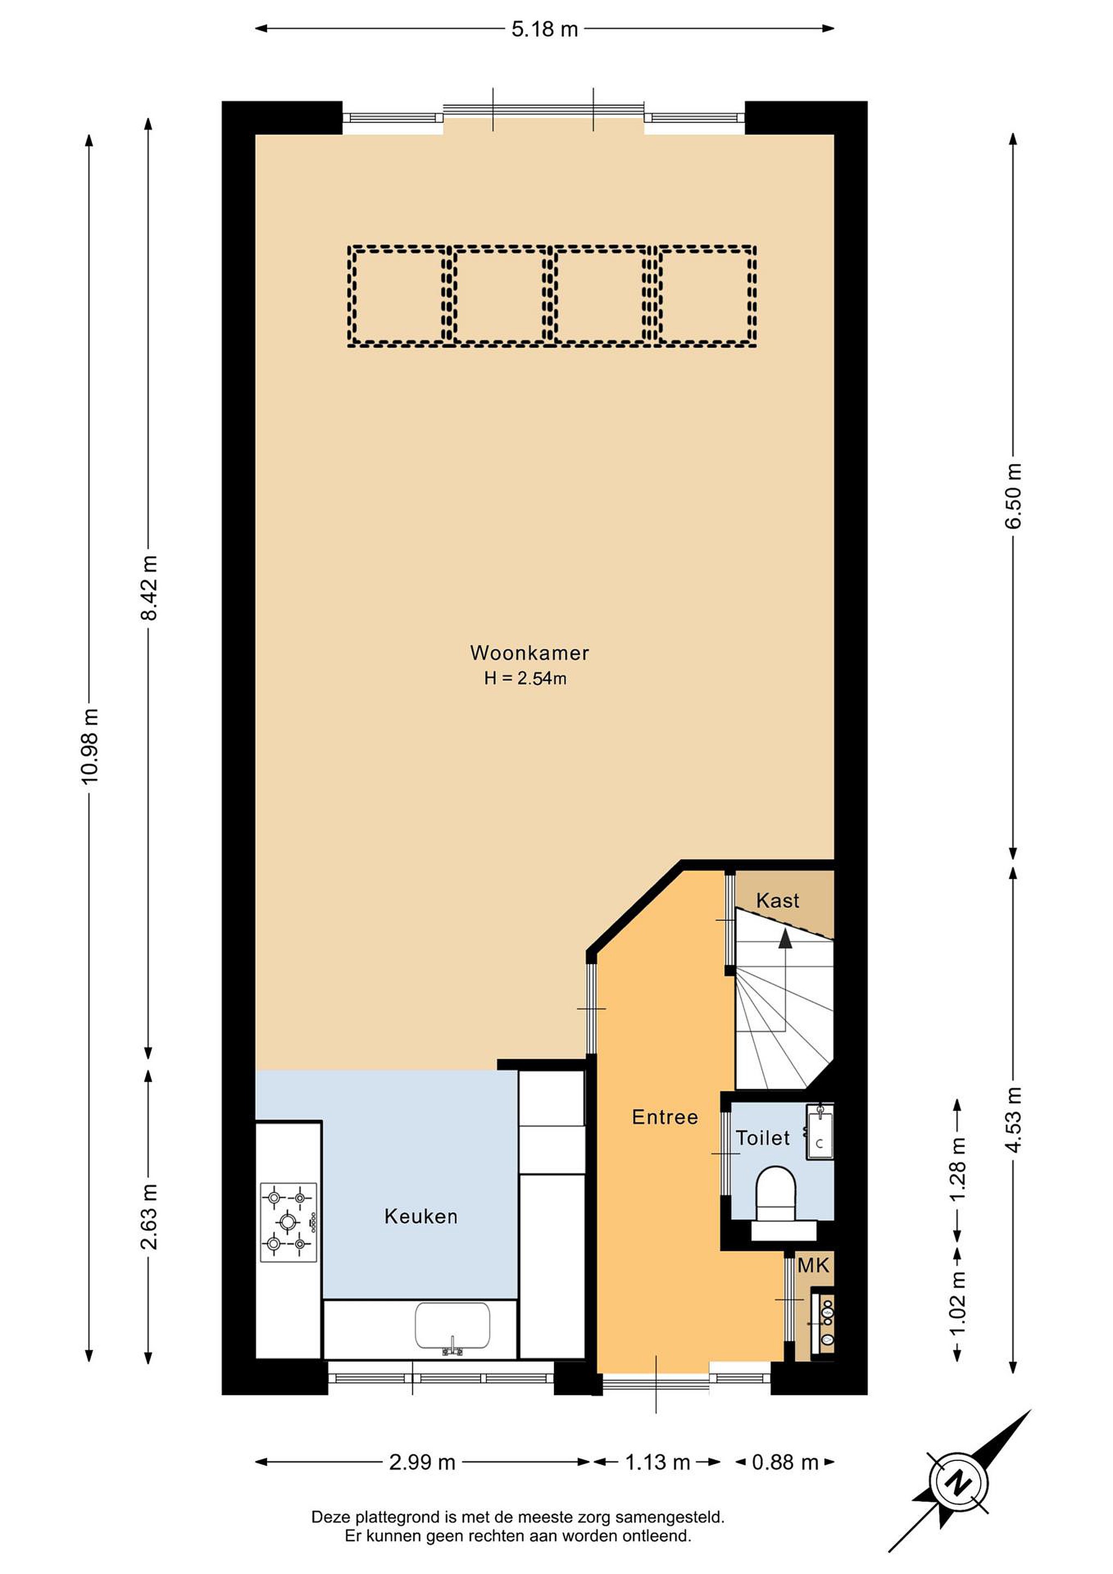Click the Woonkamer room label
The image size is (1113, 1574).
(x=529, y=653)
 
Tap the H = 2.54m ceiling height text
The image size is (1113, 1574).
(x=526, y=679)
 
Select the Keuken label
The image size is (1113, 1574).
(x=421, y=1217)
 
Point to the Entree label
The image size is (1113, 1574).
(x=665, y=1118)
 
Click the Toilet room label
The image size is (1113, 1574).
(x=763, y=1138)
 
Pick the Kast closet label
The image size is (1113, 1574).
(x=778, y=900)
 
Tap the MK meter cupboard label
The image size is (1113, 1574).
(x=814, y=1266)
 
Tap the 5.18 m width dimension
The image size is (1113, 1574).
(x=545, y=30)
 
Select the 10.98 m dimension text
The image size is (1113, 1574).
(x=90, y=747)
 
